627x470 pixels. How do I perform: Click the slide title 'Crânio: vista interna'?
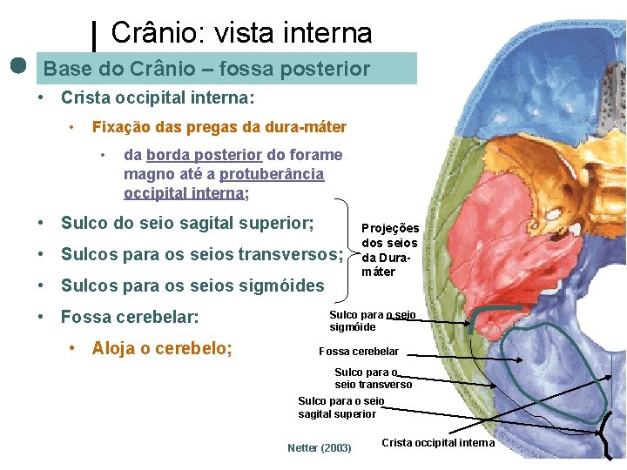[241, 33]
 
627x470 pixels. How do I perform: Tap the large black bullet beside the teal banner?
[18, 66]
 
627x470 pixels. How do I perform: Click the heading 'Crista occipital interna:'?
[158, 98]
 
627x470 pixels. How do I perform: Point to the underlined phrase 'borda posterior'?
[204, 155]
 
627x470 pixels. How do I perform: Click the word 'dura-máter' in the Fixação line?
[307, 127]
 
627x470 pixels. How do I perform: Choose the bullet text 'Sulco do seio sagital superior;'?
[187, 223]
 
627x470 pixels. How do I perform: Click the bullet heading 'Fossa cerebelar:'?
[130, 317]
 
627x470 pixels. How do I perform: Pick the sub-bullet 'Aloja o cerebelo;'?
[162, 348]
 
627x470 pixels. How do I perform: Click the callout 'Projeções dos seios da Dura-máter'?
[389, 250]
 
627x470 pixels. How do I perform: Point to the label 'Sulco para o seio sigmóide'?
[372, 320]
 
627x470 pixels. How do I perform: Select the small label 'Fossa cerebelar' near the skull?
[359, 352]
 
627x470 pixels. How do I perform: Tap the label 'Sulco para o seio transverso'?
[373, 378]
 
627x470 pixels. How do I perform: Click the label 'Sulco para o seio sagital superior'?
[340, 407]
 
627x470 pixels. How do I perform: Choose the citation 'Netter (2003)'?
[319, 448]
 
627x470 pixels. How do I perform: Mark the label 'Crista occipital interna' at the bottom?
[437, 443]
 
